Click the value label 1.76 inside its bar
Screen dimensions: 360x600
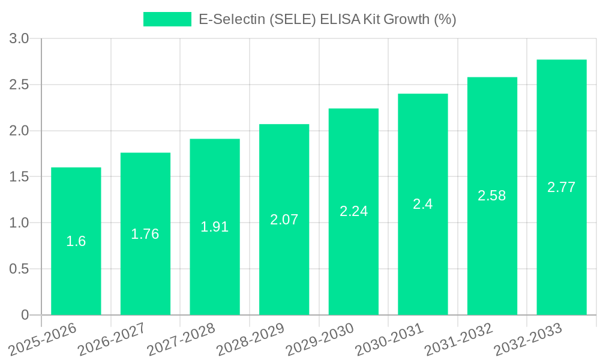145,234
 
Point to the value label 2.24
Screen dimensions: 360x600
353,211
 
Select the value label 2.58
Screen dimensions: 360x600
492,196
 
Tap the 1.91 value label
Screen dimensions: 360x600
215,227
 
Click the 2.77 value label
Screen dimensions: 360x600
562,187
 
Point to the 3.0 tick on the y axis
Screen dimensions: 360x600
20,39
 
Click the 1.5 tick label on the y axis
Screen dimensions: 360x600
20,177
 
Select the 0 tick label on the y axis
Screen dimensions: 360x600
25,315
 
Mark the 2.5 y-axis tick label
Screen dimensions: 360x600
20,85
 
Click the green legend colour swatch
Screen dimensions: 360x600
167,19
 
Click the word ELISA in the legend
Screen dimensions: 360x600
340,19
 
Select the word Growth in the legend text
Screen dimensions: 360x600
406,19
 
